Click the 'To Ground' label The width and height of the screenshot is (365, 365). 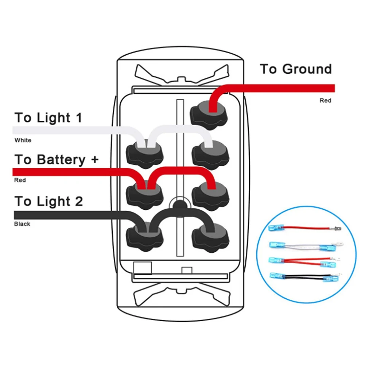coord(296,69)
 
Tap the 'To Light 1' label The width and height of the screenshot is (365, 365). coord(48,117)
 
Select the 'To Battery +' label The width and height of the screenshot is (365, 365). coord(57,160)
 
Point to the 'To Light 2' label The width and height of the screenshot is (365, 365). coord(48,201)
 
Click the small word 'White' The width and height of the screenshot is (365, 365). coord(23,140)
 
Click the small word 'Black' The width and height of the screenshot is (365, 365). coord(22,224)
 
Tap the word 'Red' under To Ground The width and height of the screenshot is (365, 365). coord(325,100)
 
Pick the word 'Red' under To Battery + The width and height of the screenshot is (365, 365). coord(20,180)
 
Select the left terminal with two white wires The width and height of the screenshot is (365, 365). coord(144,154)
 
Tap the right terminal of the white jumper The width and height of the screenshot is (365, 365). coord(210,155)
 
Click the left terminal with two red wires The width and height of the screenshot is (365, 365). coord(144,195)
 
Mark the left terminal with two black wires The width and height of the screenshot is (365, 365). coord(144,237)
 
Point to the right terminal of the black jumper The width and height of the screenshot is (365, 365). coord(210,237)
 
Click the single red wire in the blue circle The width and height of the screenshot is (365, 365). coord(305,228)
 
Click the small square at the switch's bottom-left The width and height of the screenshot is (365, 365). coord(143,268)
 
